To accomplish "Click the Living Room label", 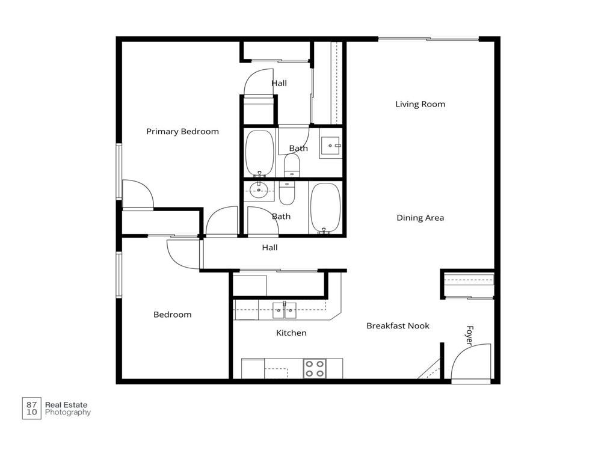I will [x=420, y=104].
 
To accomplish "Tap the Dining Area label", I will [x=420, y=218].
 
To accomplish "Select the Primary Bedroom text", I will [x=182, y=131].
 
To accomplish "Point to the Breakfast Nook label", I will [x=398, y=325].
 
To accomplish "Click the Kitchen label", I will [x=291, y=333].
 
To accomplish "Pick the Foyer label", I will [x=469, y=336].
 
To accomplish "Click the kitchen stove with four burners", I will [x=315, y=368].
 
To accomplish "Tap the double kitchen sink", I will [x=283, y=310].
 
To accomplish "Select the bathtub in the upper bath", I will [x=260, y=152].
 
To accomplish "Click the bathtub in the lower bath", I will [x=325, y=208].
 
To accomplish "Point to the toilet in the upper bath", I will [x=292, y=165].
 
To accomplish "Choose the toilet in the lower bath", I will [x=287, y=191].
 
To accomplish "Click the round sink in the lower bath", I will [x=259, y=191].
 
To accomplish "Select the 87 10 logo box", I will [x=31, y=408].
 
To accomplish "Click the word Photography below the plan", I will [x=68, y=413].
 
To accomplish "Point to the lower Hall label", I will [x=269, y=247].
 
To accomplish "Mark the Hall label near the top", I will [x=279, y=83].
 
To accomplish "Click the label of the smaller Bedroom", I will [x=172, y=315].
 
